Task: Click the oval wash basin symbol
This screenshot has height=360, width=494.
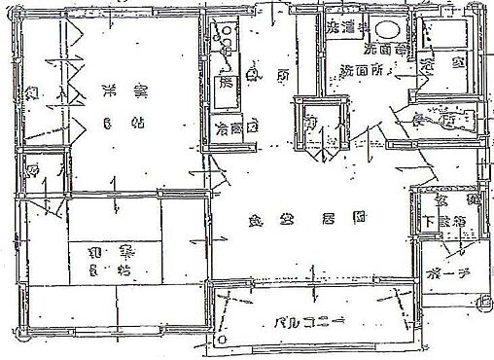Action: coord(389,30)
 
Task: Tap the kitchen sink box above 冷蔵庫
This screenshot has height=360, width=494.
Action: coord(227,83)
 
